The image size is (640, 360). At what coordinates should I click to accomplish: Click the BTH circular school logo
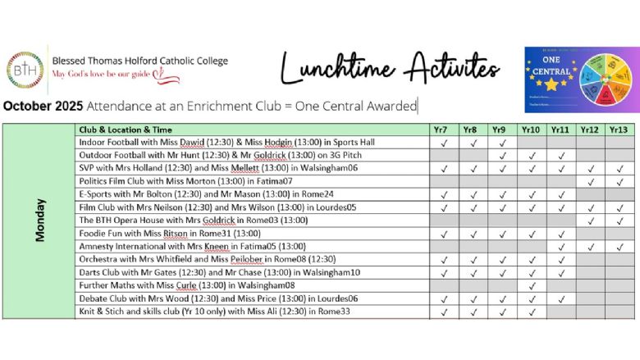(25, 69)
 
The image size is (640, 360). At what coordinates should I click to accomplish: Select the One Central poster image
(580, 79)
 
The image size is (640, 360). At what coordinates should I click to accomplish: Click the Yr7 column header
(443, 130)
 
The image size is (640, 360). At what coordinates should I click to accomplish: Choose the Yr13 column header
(619, 130)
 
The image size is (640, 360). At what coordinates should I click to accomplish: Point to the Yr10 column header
(530, 130)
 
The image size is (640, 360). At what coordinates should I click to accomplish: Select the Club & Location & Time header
(125, 130)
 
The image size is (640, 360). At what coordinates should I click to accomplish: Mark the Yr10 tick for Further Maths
(530, 286)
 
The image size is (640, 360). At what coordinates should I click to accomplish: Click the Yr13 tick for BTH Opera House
(619, 221)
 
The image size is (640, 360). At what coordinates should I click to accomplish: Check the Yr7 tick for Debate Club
(443, 299)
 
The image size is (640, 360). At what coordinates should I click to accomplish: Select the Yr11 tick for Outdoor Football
(560, 156)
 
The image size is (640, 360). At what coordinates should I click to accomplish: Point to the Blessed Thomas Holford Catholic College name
(139, 61)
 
